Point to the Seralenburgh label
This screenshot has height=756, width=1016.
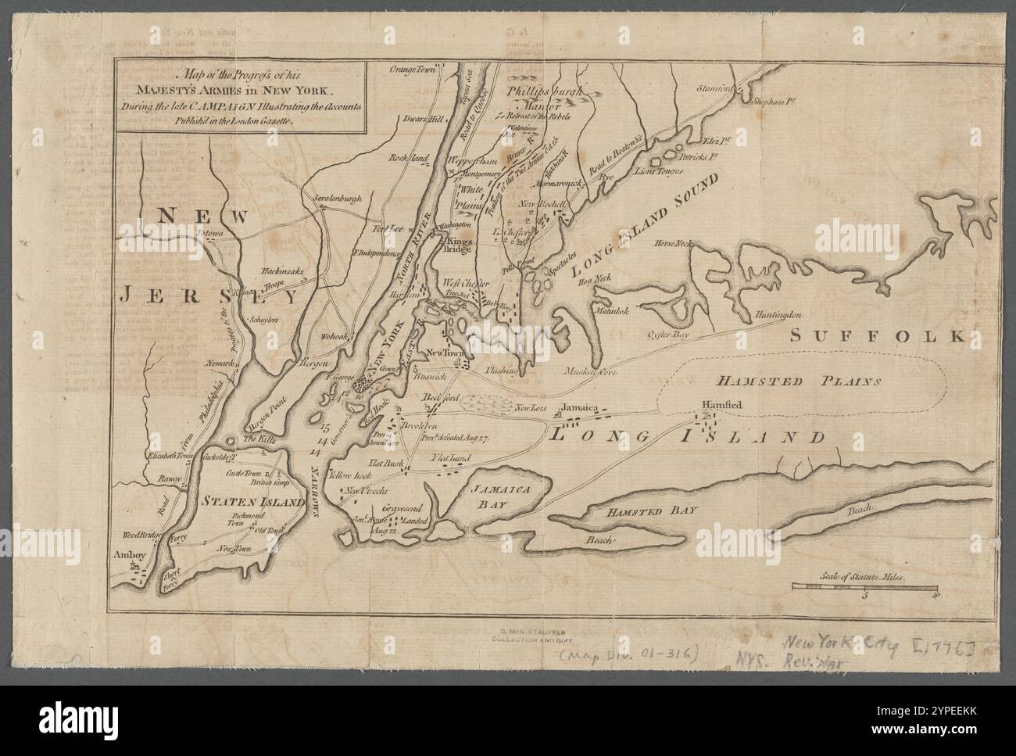tap(338, 199)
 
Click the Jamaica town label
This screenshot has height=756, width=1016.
tap(579, 408)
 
